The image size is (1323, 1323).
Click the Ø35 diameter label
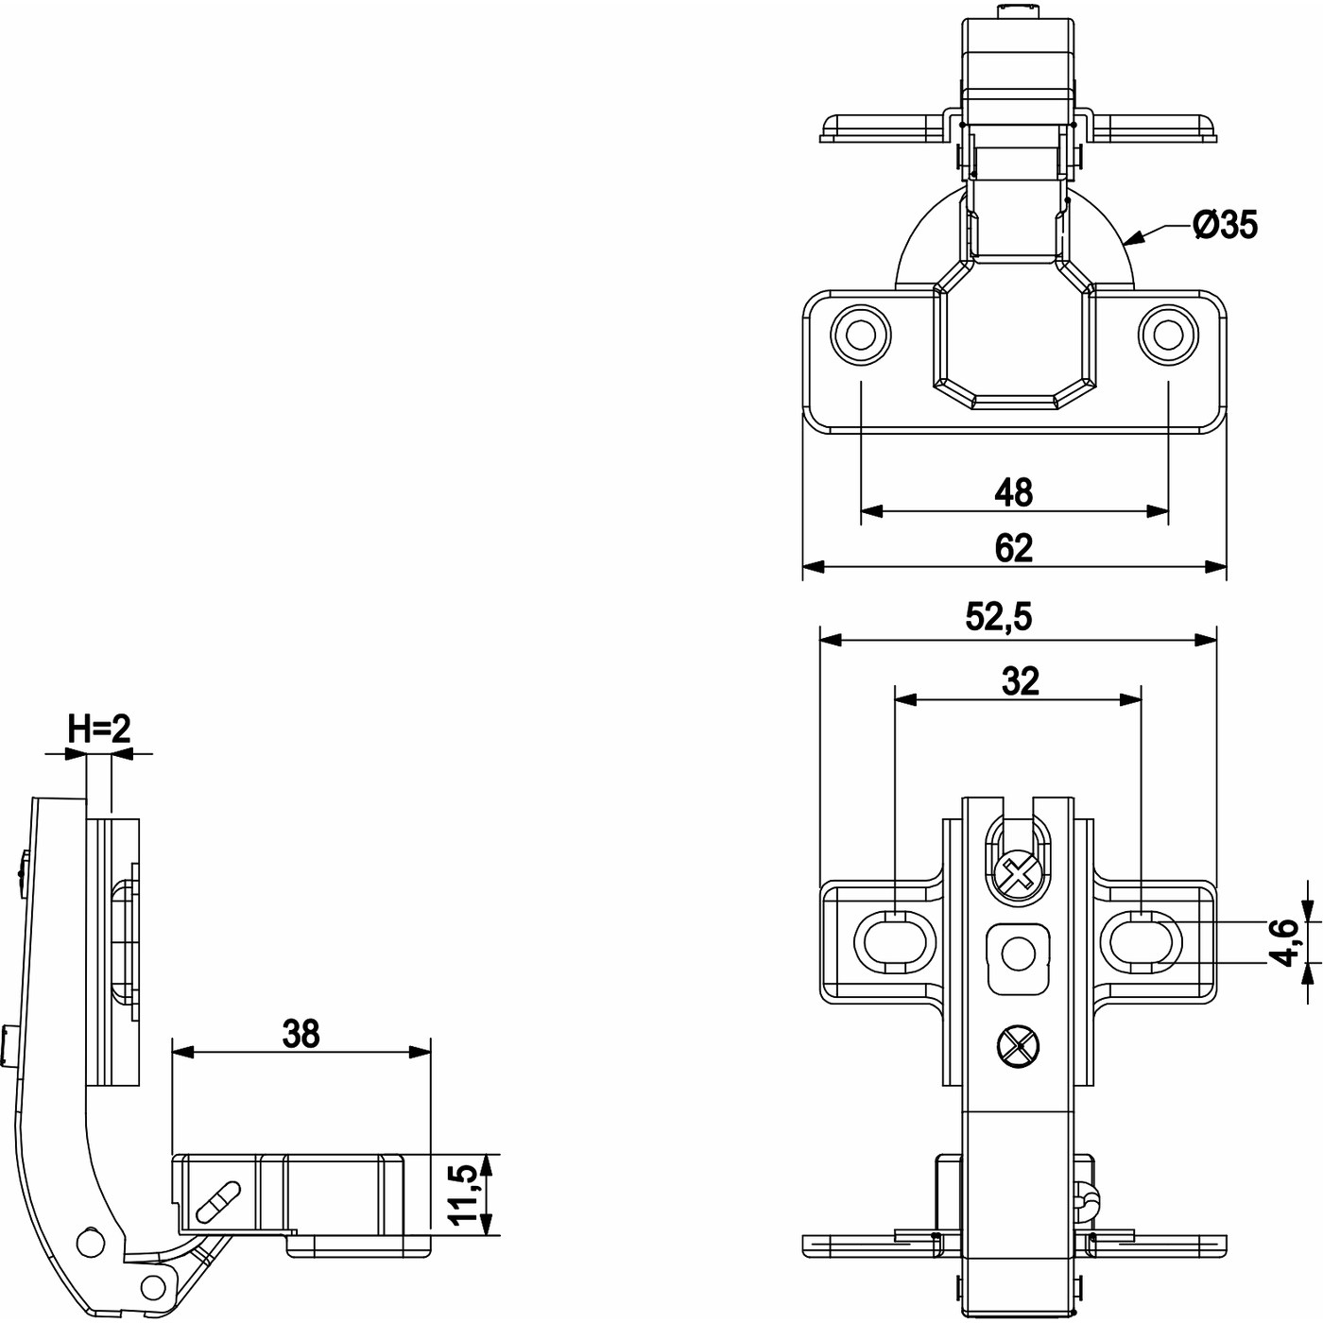(1225, 225)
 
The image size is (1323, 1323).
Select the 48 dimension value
(1014, 492)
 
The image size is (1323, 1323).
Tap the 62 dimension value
(1014, 548)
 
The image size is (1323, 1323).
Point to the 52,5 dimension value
(999, 617)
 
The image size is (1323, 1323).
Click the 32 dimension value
(1020, 680)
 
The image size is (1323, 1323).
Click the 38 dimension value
(301, 1034)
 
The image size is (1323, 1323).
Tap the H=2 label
(98, 729)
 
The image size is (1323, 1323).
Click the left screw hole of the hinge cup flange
(860, 335)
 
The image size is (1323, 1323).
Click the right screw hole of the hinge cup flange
(1169, 335)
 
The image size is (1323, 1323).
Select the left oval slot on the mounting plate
(888, 941)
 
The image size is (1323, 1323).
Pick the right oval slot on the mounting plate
(1145, 941)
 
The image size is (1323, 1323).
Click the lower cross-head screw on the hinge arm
(1017, 1047)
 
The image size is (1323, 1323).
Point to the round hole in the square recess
(1017, 955)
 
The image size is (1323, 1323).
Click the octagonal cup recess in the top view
(1014, 335)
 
